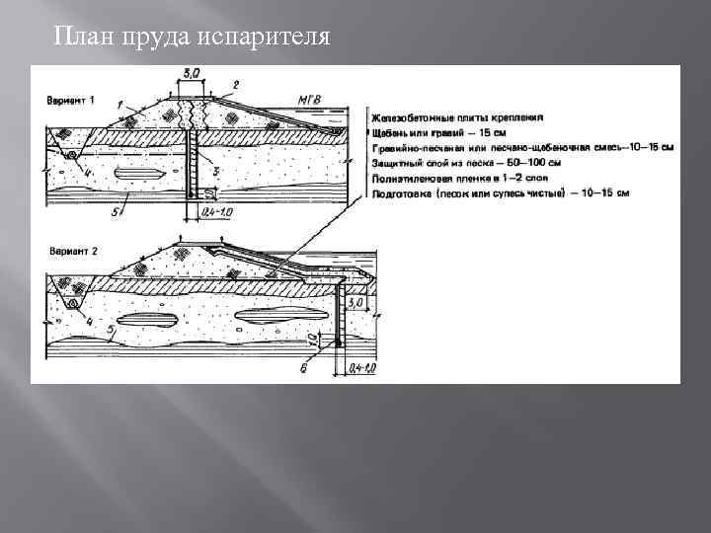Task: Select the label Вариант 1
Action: click(x=70, y=101)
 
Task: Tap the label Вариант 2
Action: click(x=70, y=252)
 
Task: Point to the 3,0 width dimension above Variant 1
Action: click(x=193, y=73)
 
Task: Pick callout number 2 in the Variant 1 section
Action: click(x=235, y=84)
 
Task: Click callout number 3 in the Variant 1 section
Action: click(x=216, y=170)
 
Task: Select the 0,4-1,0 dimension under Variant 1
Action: click(x=214, y=211)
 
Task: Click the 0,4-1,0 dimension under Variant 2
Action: click(x=362, y=368)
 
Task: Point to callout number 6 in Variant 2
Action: click(x=305, y=366)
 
